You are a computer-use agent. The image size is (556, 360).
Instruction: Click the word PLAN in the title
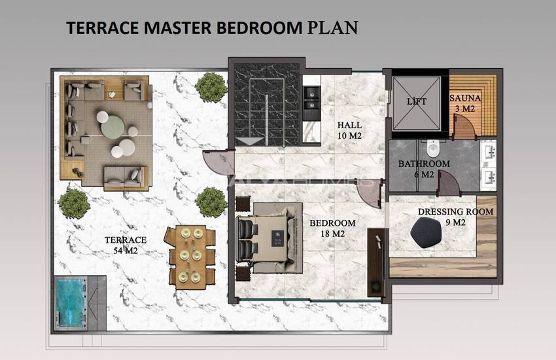332,27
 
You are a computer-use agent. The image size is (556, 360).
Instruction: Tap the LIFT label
417,101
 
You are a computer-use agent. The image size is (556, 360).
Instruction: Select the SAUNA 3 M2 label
465,103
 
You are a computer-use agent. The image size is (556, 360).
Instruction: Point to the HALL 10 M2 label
350,130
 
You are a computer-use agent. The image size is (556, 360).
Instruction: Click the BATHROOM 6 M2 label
424,169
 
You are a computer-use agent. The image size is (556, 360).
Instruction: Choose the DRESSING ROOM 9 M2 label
456,217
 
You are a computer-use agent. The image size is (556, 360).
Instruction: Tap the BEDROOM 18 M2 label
332,228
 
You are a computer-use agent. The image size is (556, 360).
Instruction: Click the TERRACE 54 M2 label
126,245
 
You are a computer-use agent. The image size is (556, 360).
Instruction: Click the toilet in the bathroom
433,149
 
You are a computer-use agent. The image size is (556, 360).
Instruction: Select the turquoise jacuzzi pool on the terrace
71,302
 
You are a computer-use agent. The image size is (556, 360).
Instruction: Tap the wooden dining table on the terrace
191,255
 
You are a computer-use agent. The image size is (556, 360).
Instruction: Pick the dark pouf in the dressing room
426,232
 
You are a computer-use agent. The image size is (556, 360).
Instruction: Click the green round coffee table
113,126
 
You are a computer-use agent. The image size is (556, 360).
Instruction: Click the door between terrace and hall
219,162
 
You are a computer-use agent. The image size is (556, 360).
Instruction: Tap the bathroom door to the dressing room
449,183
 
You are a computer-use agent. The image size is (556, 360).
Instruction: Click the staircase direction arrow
251,141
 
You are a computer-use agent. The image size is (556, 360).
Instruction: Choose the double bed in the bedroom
269,238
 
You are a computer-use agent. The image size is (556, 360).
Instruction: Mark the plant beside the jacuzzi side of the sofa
74,204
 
